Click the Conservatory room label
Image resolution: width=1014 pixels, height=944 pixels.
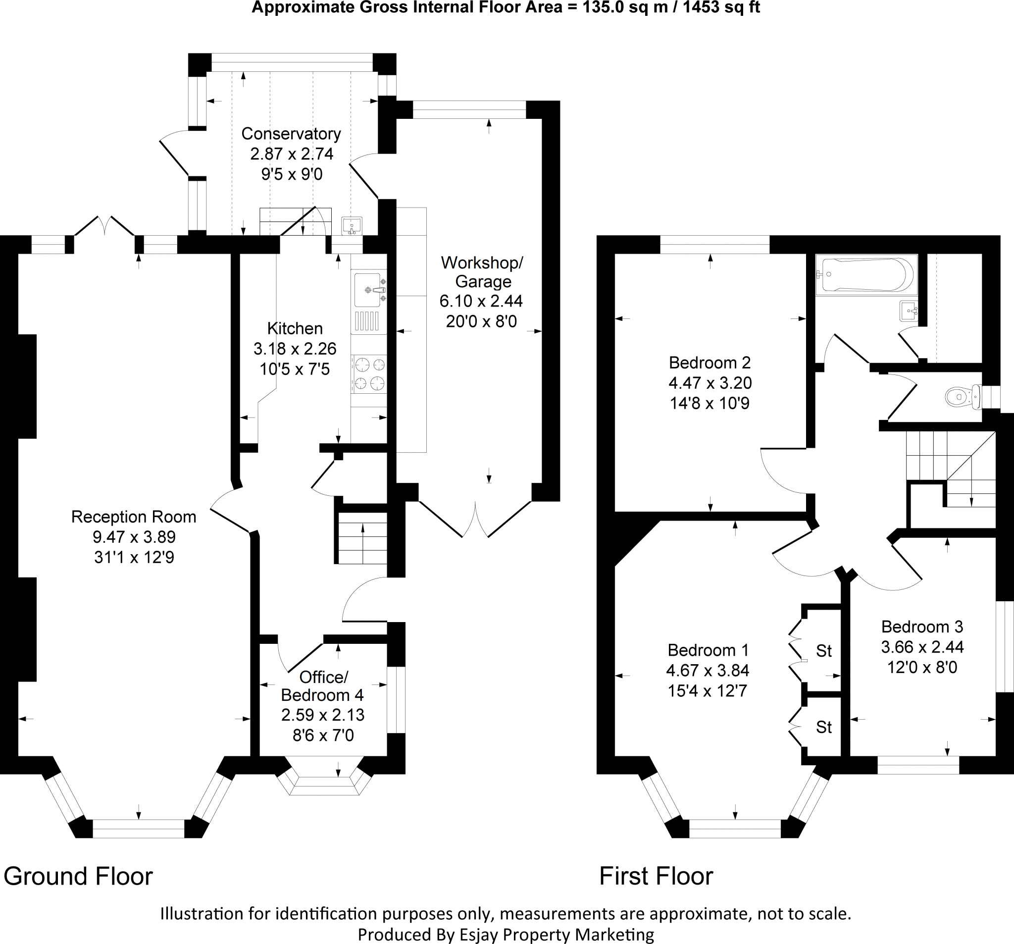pyautogui.click(x=291, y=134)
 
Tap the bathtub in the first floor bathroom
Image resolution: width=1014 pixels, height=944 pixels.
pyautogui.click(x=865, y=275)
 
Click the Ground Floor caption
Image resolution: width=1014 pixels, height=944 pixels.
pyautogui.click(x=78, y=876)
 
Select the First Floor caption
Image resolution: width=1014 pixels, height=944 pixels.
pyautogui.click(x=656, y=876)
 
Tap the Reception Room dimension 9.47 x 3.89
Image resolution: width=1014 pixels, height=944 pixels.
pyautogui.click(x=134, y=537)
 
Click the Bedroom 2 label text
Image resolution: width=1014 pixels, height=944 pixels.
pyautogui.click(x=710, y=363)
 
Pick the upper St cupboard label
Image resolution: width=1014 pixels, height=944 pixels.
pyautogui.click(x=824, y=651)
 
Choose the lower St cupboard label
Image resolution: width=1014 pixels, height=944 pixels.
pyautogui.click(x=824, y=727)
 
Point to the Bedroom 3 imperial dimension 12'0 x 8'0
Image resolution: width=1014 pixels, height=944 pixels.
pyautogui.click(x=922, y=668)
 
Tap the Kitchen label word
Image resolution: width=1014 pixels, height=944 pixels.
pyautogui.click(x=295, y=328)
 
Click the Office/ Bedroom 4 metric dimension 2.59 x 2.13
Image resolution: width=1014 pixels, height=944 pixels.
pyautogui.click(x=323, y=715)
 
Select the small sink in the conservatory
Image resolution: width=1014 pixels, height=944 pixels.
pyautogui.click(x=352, y=225)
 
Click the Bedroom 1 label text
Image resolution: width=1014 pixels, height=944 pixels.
pyautogui.click(x=708, y=650)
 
